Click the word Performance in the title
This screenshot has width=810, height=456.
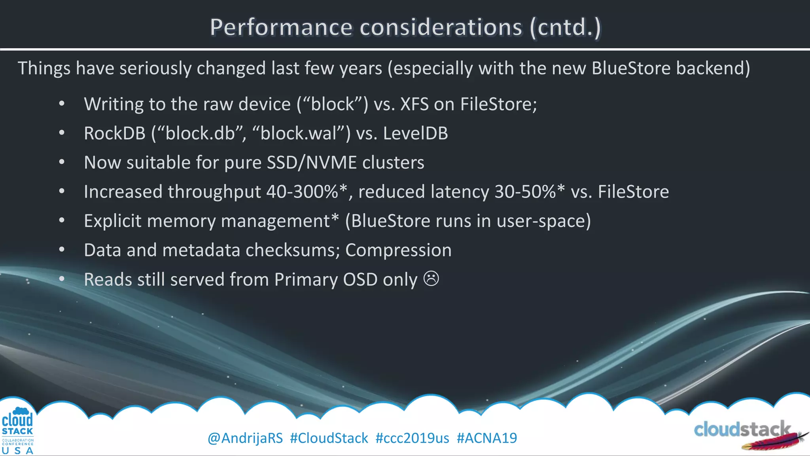click(x=281, y=27)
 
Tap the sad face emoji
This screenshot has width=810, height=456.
click(x=431, y=278)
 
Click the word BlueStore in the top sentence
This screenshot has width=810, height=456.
click(x=631, y=68)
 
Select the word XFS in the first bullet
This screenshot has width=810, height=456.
click(x=414, y=104)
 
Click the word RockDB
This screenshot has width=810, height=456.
click(x=115, y=133)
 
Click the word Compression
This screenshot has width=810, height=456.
click(x=398, y=250)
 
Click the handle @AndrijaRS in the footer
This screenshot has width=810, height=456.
click(x=245, y=438)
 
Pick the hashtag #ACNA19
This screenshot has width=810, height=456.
click(x=486, y=438)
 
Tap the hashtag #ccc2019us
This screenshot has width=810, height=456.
click(x=412, y=438)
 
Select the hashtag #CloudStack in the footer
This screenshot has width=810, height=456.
click(x=329, y=438)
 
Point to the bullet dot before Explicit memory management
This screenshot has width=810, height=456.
click(x=62, y=220)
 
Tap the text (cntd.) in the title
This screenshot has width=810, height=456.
click(x=565, y=27)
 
